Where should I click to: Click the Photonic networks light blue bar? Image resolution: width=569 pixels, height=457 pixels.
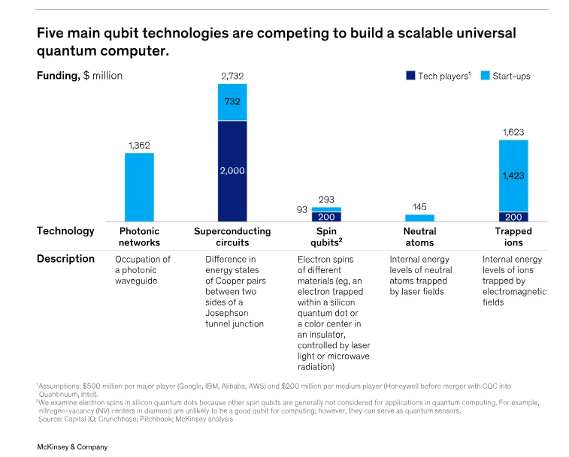tap(139, 187)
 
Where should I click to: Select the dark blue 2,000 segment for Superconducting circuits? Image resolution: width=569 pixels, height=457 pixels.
tap(232, 171)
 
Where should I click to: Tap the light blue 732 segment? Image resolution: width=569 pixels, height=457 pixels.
tap(232, 102)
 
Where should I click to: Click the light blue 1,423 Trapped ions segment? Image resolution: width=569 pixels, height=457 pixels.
tap(513, 176)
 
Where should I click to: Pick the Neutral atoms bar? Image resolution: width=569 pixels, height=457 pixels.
tap(419, 218)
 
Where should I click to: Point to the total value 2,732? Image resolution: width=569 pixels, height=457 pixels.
tap(232, 76)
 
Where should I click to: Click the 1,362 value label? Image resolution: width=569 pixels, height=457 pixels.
tap(139, 145)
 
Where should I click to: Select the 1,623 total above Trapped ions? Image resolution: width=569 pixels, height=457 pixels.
tap(513, 132)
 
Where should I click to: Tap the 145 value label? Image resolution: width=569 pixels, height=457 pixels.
tap(419, 206)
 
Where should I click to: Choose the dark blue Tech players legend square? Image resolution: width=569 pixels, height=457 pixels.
tap(410, 76)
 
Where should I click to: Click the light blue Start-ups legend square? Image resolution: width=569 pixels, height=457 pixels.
tap(485, 76)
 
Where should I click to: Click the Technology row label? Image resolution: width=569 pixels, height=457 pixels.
tap(65, 231)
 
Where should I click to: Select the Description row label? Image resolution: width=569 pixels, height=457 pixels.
tap(65, 259)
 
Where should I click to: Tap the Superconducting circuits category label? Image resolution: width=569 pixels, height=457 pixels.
tap(232, 237)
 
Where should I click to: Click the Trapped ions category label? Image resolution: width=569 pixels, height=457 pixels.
tap(513, 237)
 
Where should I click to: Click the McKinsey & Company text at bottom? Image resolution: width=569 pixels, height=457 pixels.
tap(72, 446)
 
